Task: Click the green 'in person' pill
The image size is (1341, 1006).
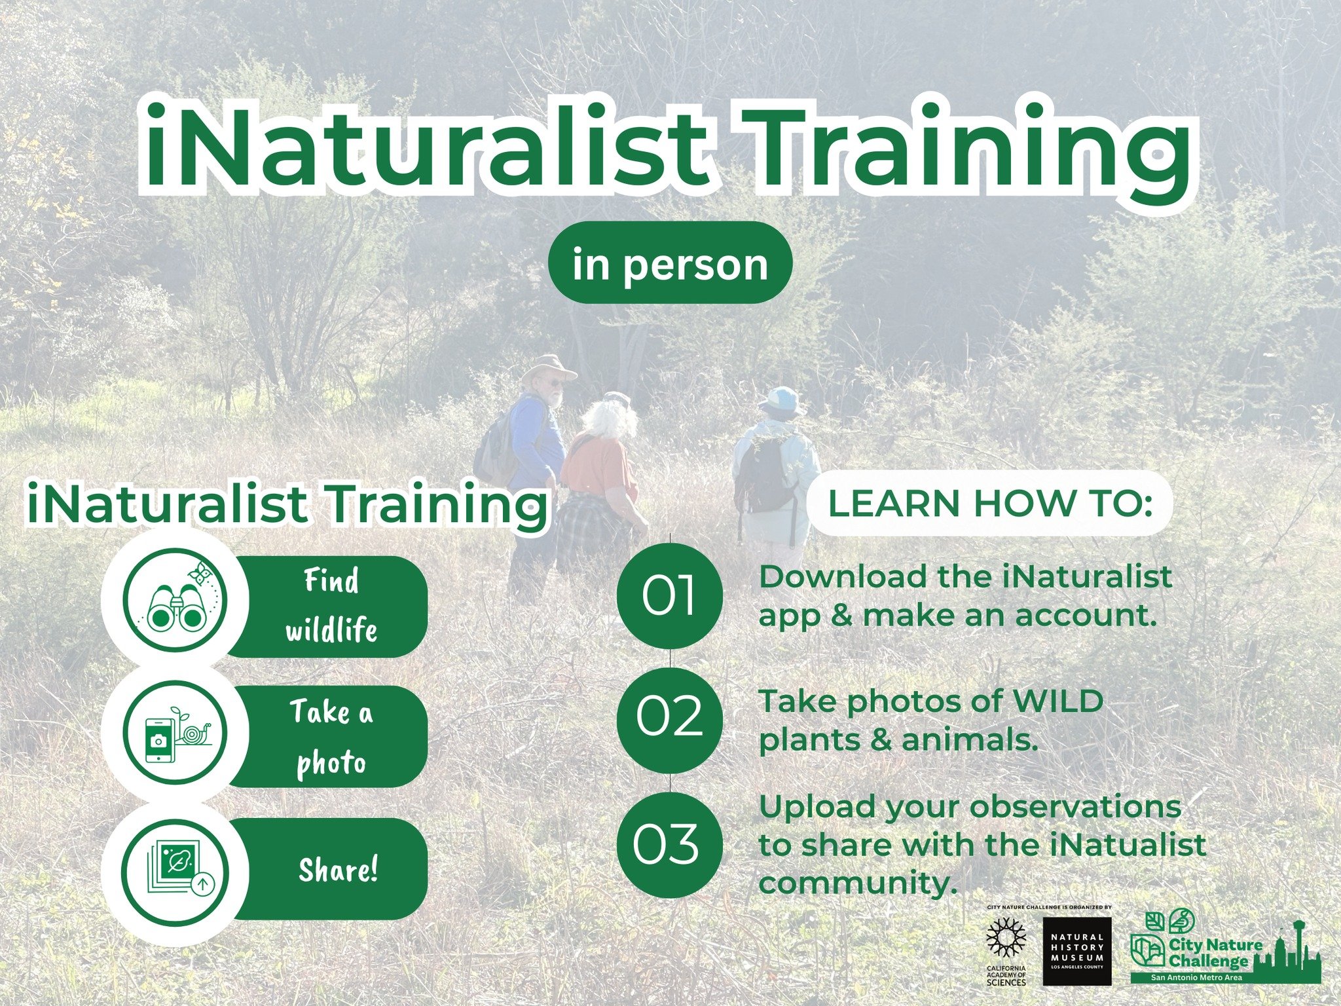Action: point(670,263)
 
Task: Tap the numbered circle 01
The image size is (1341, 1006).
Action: point(669,596)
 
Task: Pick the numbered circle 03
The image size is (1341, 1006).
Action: point(669,844)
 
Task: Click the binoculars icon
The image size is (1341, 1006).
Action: point(175,601)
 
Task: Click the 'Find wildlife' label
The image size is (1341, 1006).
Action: point(331,606)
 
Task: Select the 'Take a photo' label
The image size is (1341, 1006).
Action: point(331,737)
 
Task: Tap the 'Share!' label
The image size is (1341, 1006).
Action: point(338,870)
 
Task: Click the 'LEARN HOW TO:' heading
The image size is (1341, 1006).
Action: point(989,503)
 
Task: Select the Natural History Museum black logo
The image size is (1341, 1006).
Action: point(1076,950)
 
